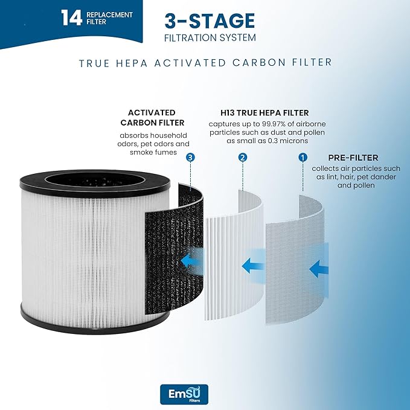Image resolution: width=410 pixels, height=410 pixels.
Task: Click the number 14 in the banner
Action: pyautogui.click(x=71, y=18)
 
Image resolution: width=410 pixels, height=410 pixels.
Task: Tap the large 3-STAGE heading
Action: pyautogui.click(x=210, y=21)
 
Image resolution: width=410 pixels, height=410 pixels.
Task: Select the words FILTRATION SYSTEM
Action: pyautogui.click(x=210, y=37)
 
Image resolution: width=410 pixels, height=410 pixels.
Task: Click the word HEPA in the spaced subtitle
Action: pyautogui.click(x=132, y=63)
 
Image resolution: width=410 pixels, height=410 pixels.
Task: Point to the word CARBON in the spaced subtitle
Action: pyautogui.click(x=259, y=63)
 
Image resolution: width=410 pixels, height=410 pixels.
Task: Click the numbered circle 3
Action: pyautogui.click(x=190, y=158)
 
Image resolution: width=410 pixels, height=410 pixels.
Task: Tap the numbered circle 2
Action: pyautogui.click(x=243, y=158)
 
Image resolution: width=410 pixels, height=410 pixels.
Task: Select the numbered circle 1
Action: pyautogui.click(x=303, y=158)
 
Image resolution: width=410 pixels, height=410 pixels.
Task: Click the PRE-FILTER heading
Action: pyautogui.click(x=353, y=158)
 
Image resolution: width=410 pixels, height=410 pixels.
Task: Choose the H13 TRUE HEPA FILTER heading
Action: pyautogui.click(x=264, y=113)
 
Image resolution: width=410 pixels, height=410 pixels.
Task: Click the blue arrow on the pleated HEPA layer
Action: pyautogui.click(x=252, y=266)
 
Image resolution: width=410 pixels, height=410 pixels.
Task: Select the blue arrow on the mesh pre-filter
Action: pyautogui.click(x=319, y=269)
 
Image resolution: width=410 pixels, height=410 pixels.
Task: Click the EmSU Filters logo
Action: pyautogui.click(x=184, y=394)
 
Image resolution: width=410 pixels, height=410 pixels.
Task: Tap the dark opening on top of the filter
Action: pyautogui.click(x=95, y=181)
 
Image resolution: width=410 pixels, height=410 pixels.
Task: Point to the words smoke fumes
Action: pyautogui.click(x=153, y=152)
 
